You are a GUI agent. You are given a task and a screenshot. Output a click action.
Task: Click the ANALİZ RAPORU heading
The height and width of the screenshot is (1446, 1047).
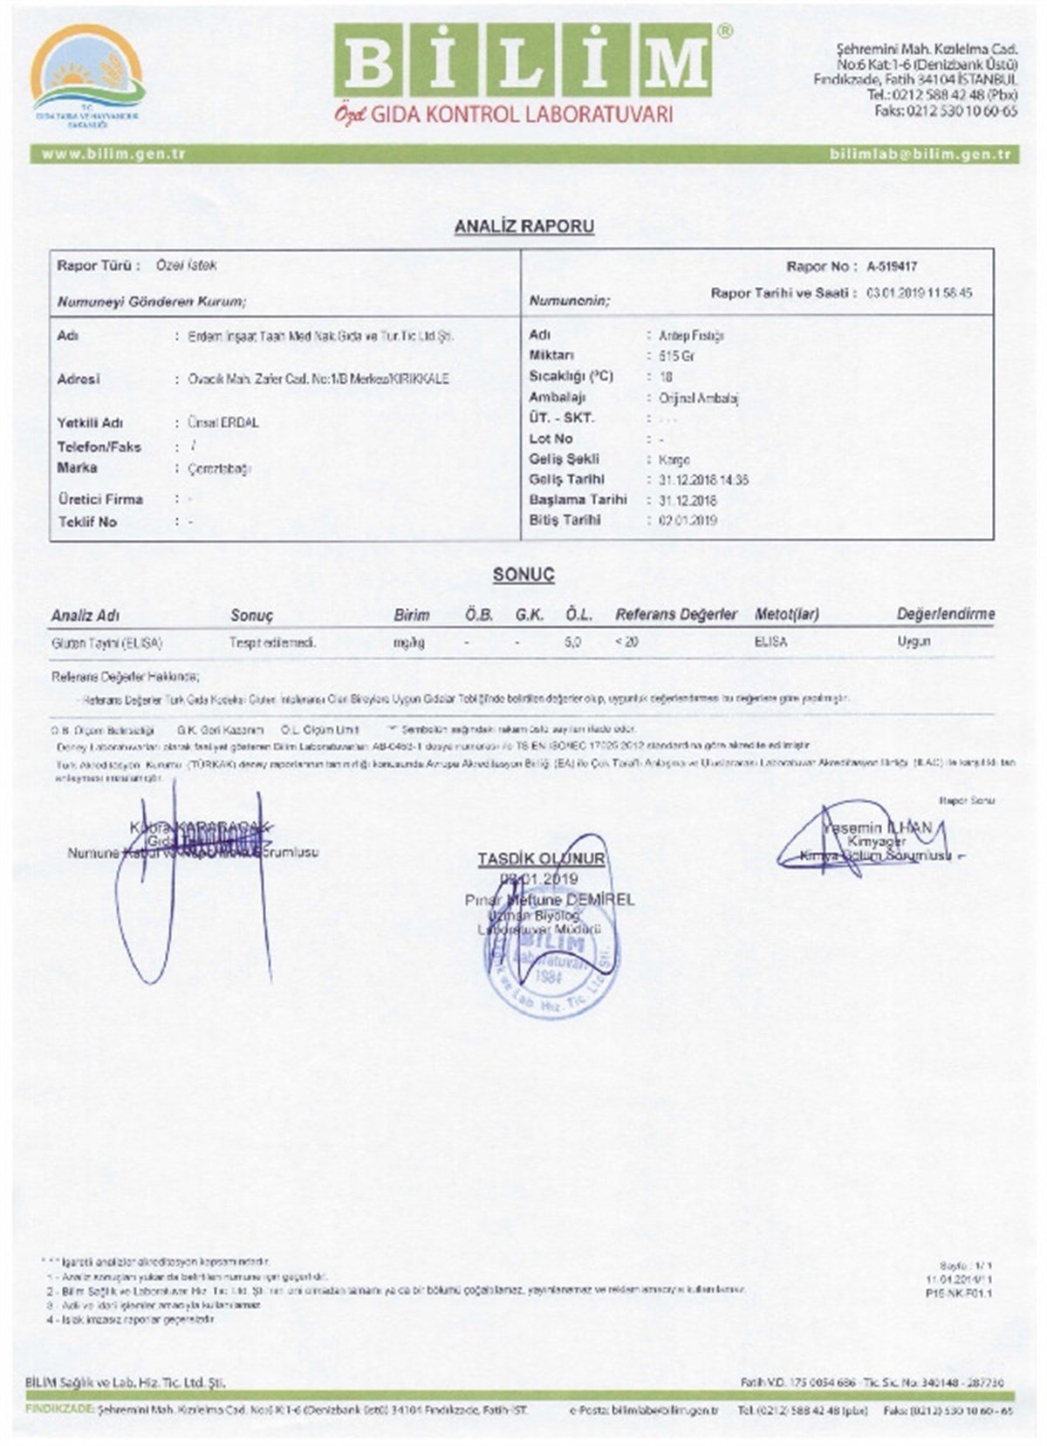pos(523,227)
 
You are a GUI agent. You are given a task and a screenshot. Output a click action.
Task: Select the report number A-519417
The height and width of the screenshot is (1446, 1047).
pos(892,267)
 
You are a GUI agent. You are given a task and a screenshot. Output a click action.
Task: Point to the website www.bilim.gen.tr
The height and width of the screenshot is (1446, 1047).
pos(113,154)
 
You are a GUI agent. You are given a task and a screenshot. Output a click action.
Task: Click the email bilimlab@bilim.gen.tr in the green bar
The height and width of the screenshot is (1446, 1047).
pos(920,154)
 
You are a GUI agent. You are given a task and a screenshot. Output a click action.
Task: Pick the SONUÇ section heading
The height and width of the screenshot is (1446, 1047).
pos(523,575)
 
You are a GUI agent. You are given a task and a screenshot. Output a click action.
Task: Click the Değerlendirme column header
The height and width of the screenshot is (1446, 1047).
pos(945,614)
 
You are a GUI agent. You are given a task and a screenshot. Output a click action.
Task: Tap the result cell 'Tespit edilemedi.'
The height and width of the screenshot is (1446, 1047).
pos(272,643)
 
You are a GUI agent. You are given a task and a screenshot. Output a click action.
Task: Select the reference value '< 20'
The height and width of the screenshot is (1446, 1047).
pos(626,642)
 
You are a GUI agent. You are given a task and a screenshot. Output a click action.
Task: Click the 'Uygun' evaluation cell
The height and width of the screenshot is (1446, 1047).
pos(914,641)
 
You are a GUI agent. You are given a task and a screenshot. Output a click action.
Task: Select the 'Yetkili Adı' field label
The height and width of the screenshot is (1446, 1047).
pos(90,423)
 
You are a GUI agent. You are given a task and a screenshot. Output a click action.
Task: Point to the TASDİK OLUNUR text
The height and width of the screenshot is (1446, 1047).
pos(541,859)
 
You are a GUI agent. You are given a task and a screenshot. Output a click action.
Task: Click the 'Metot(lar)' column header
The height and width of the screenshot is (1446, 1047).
pos(786,614)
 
